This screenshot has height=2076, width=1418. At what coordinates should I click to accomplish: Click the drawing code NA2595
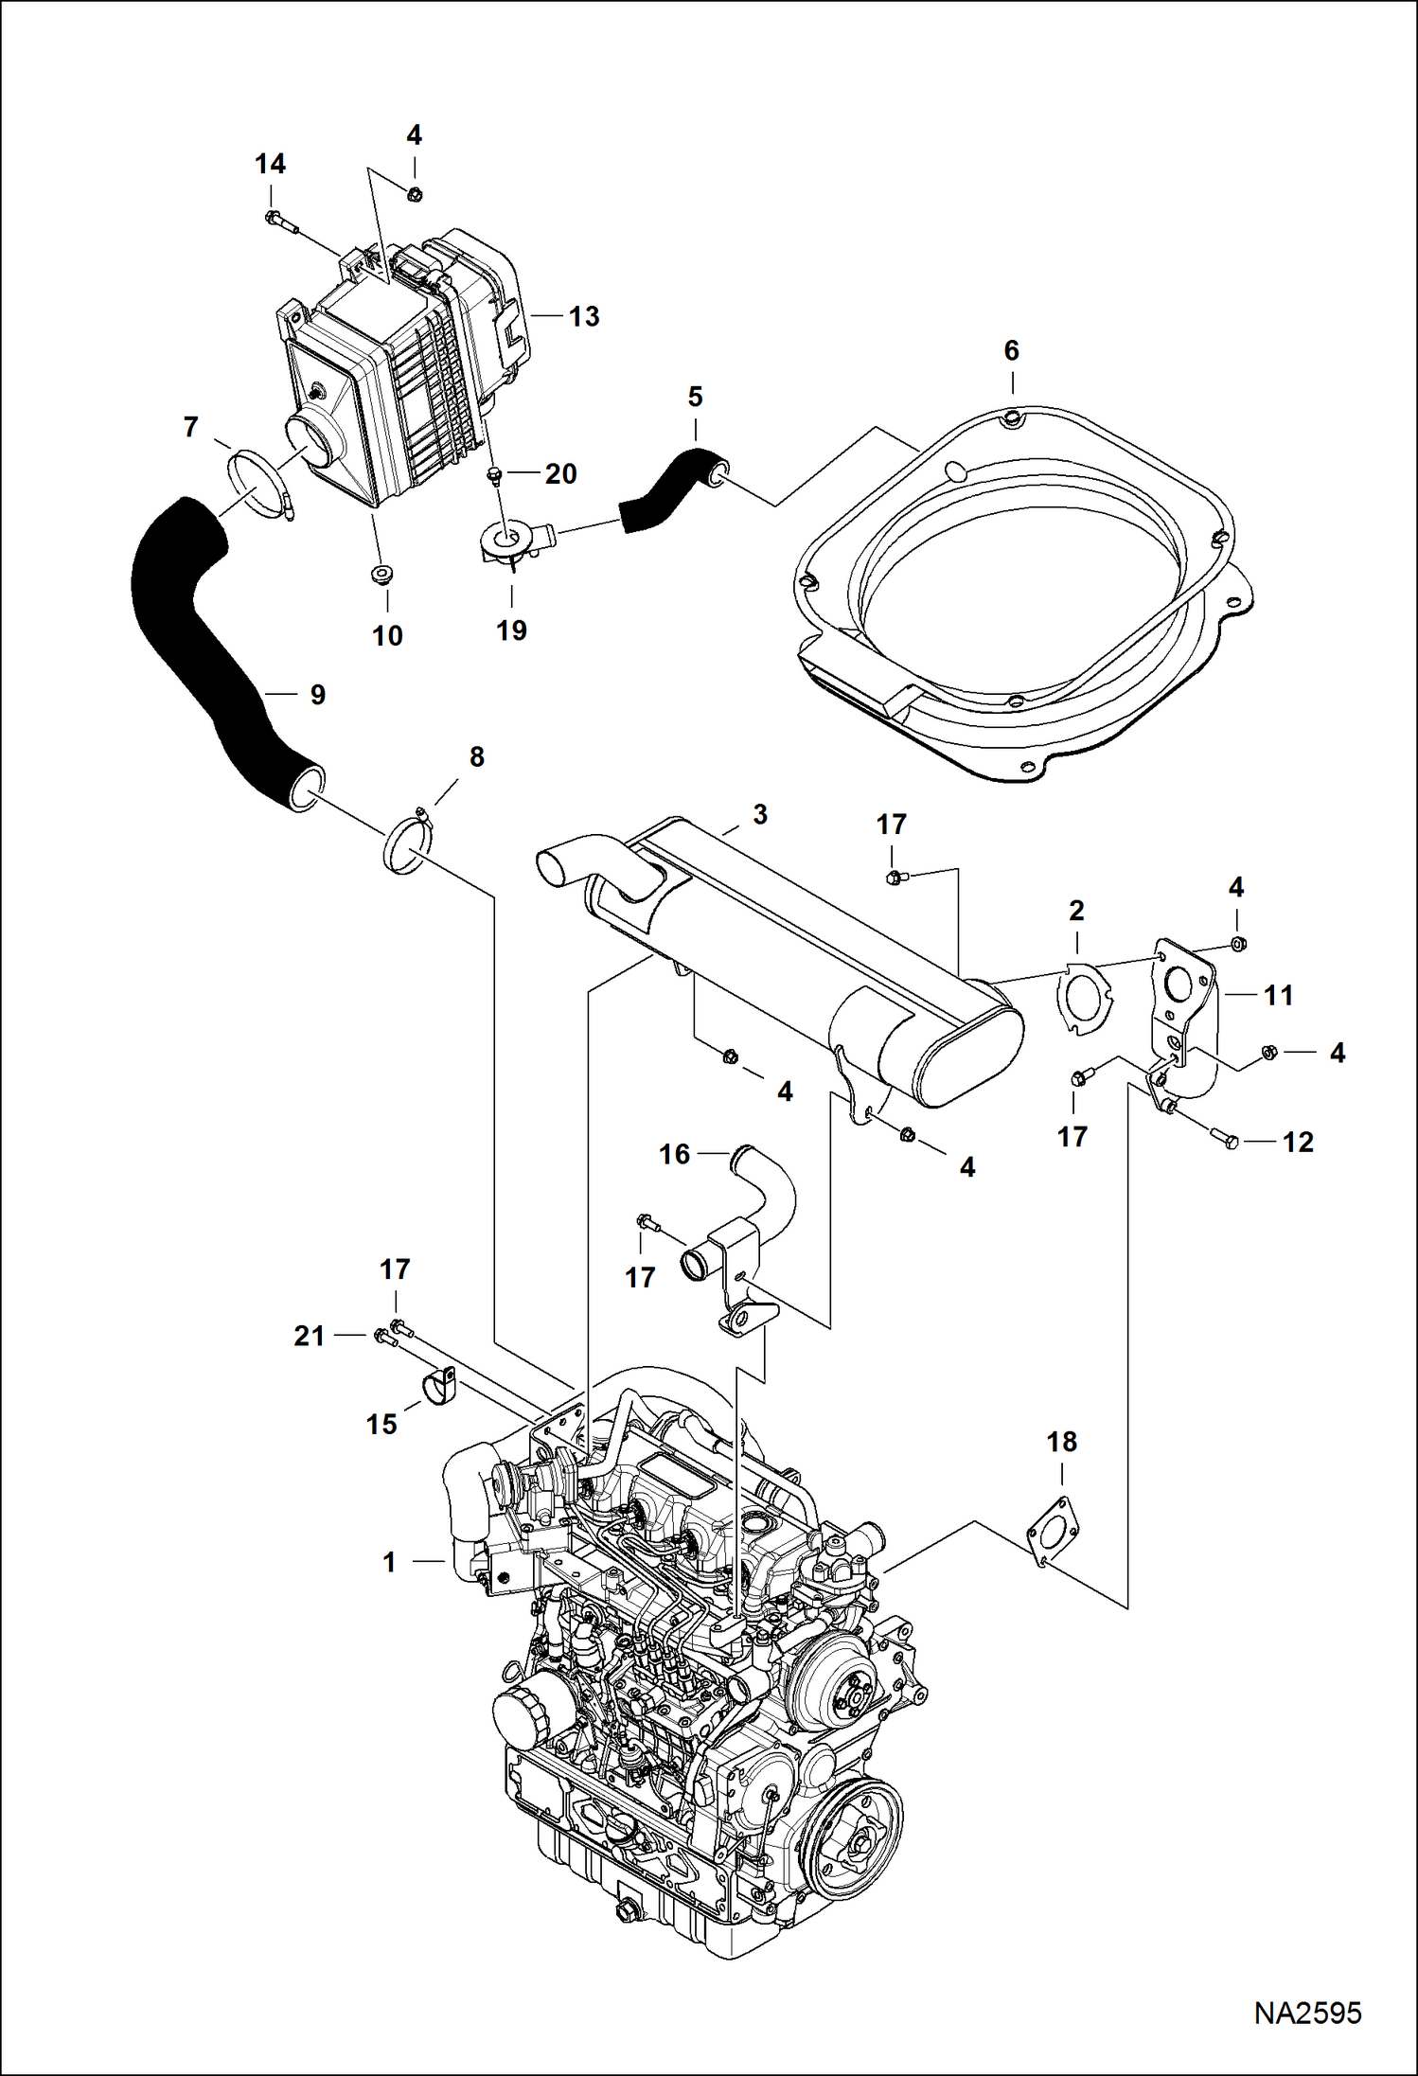[x=1307, y=2012]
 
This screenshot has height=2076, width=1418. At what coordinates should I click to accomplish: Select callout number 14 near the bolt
[x=270, y=165]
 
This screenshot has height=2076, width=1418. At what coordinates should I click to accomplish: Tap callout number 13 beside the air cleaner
[x=584, y=317]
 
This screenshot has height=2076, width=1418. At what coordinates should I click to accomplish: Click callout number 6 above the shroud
[x=1011, y=351]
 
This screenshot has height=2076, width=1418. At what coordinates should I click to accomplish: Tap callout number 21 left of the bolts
[x=310, y=1336]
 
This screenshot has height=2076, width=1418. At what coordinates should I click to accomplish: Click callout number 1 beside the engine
[x=389, y=1562]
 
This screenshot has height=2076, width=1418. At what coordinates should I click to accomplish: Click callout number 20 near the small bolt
[x=560, y=473]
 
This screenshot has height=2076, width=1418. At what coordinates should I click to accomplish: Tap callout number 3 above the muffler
[x=760, y=815]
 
